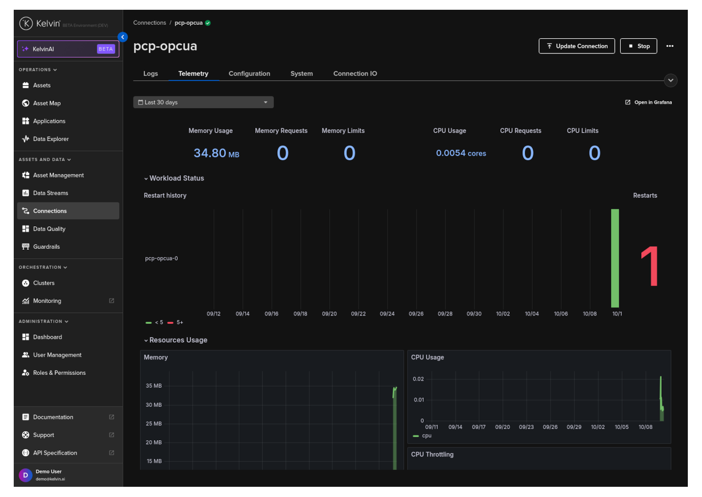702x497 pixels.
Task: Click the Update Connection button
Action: (576, 46)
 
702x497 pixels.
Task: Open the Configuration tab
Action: (249, 73)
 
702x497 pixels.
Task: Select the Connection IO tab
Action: (355, 73)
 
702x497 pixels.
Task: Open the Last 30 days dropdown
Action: (203, 103)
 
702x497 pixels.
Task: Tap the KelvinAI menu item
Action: (68, 49)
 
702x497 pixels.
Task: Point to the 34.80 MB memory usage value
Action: (216, 153)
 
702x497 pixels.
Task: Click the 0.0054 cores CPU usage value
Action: (461, 153)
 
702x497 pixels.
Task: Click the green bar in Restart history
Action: (615, 258)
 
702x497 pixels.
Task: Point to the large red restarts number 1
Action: (650, 266)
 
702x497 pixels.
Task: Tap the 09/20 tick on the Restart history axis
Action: (329, 314)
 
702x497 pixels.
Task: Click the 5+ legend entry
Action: (175, 322)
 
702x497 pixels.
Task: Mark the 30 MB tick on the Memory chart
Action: (153, 405)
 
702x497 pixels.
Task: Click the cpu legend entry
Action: (422, 435)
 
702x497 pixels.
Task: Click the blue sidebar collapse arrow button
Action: (122, 37)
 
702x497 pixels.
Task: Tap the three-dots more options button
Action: (670, 46)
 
